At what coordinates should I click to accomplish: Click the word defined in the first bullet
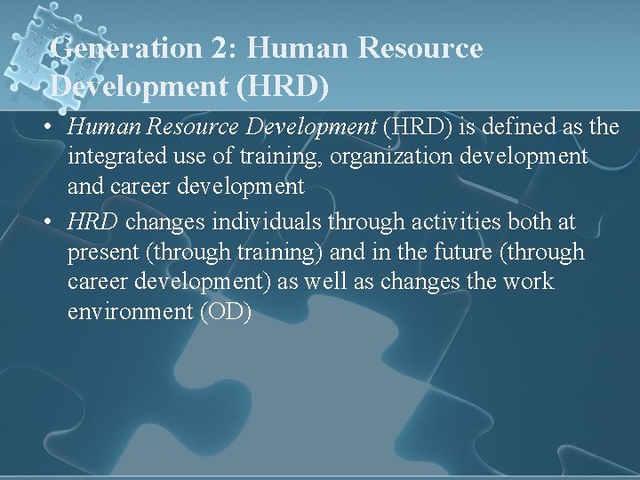coord(512,127)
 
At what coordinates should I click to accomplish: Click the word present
coord(104,253)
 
